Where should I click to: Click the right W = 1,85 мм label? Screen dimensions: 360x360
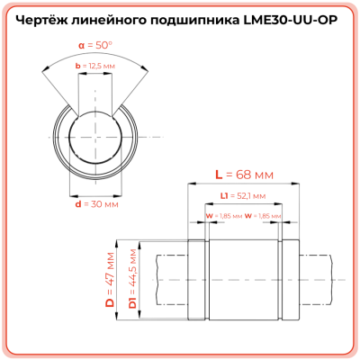click(x=265, y=216)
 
